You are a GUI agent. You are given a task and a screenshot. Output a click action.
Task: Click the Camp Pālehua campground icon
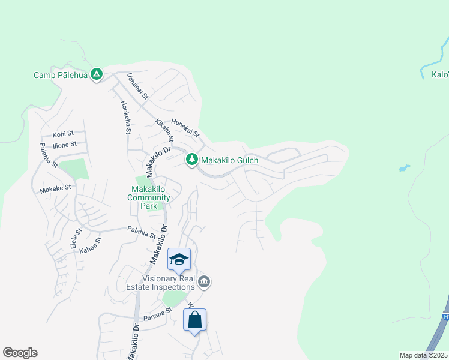coord(97,75)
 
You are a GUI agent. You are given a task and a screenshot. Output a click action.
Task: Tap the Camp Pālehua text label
coord(60,76)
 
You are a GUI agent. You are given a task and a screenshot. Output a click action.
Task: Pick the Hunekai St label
coord(185,128)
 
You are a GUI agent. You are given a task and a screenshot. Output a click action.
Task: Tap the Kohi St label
coord(63,134)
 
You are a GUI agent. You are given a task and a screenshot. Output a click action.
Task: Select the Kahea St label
coord(91,244)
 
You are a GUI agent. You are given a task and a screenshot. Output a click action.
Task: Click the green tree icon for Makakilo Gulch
coord(191,160)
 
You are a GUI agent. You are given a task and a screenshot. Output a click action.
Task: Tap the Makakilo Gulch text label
coord(229,160)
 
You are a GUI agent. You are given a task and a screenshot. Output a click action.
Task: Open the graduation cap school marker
coord(179,260)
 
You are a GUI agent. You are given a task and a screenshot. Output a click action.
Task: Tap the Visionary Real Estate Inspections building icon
coord(204,282)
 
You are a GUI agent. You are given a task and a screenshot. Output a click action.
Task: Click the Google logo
coord(20,353)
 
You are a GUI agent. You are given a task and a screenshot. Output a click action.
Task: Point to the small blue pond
coord(404,169)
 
